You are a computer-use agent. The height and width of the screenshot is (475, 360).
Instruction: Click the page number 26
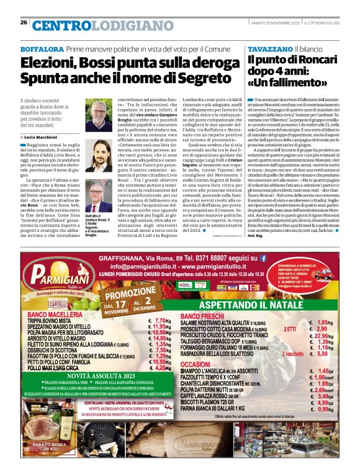[24, 23]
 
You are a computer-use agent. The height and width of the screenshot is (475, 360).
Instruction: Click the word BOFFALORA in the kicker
[42, 48]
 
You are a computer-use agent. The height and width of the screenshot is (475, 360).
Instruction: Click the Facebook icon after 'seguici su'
[263, 257]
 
